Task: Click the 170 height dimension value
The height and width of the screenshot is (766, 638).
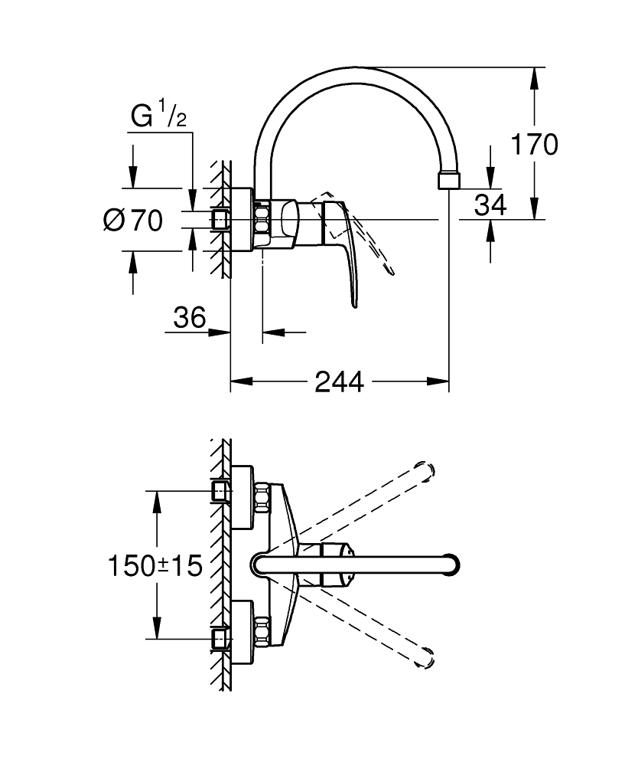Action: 535,144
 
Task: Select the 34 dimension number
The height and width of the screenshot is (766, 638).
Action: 490,205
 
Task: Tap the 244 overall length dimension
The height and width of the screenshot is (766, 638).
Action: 339,381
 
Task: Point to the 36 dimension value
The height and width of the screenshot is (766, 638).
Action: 188,317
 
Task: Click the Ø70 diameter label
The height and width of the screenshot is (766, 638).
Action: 132,222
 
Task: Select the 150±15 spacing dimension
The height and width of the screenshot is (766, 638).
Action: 155,566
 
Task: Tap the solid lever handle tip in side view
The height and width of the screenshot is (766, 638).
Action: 355,305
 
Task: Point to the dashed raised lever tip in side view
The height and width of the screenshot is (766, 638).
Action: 392,270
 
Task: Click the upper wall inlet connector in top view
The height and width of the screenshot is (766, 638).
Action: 220,490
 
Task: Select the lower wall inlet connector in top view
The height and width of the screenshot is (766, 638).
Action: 220,637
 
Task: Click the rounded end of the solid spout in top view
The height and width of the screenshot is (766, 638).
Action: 453,565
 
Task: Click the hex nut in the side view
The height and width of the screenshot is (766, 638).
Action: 262,220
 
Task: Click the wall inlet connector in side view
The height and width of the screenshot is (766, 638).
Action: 220,220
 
